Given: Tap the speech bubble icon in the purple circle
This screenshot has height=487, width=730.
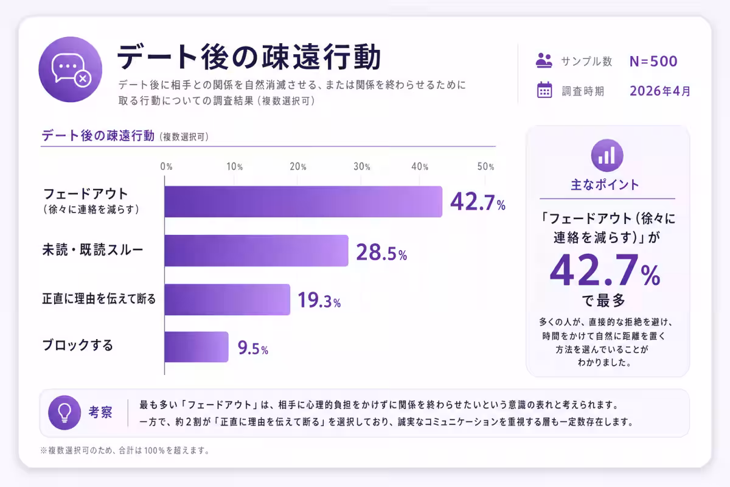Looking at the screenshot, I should click(70, 68).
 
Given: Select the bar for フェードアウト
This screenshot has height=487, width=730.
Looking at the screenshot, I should click(303, 201).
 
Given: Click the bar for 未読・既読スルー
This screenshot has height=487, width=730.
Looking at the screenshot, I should click(256, 250).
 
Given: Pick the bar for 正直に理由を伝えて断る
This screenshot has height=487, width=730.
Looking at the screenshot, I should click(227, 300).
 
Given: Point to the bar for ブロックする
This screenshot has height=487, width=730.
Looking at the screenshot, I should click(196, 347).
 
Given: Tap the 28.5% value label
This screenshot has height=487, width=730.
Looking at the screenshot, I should click(381, 253).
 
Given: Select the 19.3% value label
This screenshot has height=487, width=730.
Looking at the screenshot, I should click(319, 300).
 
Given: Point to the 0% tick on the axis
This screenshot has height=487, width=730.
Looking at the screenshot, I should click(165, 167).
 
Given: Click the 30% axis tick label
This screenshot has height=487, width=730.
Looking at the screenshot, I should click(361, 167).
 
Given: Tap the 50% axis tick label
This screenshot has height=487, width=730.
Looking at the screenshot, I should click(485, 167).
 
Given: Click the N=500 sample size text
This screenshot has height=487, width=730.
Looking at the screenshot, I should click(653, 61).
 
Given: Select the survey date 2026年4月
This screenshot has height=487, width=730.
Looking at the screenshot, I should click(660, 91).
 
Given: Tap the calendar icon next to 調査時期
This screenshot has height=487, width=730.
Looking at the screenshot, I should click(544, 90).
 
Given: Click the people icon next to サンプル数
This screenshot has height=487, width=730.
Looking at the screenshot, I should click(544, 60).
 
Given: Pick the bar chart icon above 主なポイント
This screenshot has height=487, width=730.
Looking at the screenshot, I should click(607, 155).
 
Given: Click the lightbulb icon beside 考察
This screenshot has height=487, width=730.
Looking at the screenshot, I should click(64, 412).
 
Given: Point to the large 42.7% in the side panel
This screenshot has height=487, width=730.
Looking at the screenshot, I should click(605, 271).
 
